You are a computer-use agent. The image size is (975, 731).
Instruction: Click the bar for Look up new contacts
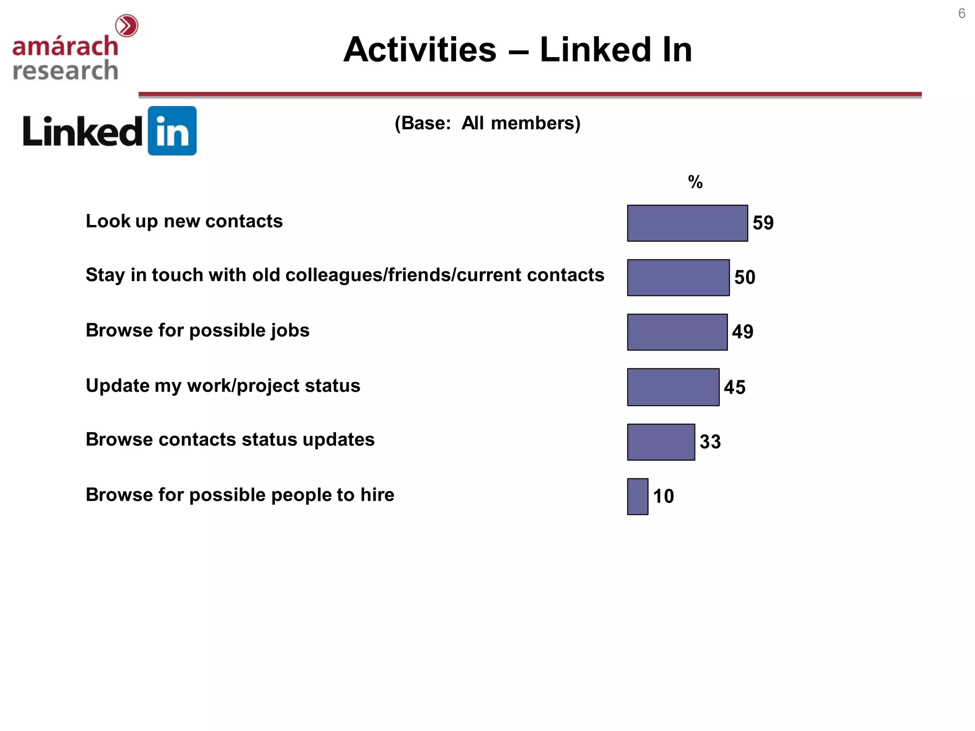click(687, 223)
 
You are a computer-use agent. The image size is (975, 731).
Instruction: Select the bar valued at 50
click(678, 277)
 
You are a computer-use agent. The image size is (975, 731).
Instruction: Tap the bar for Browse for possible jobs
click(677, 332)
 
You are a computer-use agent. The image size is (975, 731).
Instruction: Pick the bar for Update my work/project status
click(673, 387)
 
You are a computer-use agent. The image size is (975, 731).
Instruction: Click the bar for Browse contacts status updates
click(661, 442)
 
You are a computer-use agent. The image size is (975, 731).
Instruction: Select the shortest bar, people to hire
click(637, 496)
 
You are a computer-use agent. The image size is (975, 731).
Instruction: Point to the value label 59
click(763, 223)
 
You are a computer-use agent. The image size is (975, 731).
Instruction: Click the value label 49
click(743, 332)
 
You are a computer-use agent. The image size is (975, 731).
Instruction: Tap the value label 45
click(735, 387)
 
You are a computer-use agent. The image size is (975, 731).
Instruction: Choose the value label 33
click(710, 442)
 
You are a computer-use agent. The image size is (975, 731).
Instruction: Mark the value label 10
click(664, 496)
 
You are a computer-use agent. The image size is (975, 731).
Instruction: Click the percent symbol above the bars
click(695, 182)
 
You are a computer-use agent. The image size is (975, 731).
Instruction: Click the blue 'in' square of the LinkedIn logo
click(172, 131)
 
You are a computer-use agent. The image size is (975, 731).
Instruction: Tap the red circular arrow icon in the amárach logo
click(127, 26)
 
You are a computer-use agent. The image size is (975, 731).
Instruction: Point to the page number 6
click(962, 13)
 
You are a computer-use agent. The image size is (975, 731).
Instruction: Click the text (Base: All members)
click(487, 123)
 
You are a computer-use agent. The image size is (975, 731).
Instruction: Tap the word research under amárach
click(65, 70)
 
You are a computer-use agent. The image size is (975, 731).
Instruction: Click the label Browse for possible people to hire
click(240, 495)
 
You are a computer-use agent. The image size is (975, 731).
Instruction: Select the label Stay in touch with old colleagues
click(345, 275)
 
